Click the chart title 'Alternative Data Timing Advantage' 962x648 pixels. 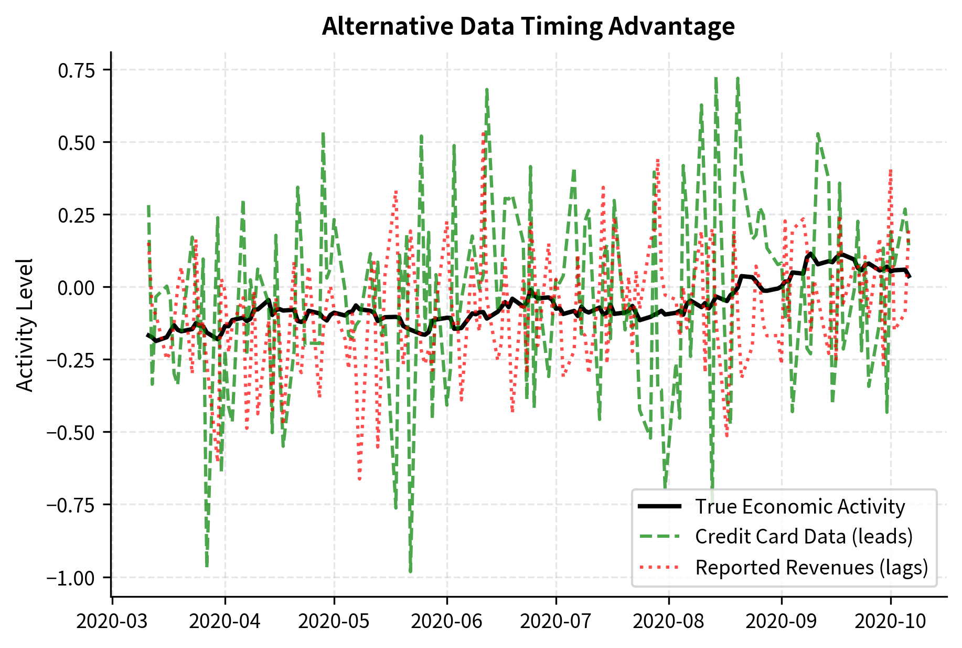click(x=528, y=26)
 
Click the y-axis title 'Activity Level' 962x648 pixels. click(x=25, y=325)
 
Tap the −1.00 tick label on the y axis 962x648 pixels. click(x=71, y=578)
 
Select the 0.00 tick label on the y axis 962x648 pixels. click(x=77, y=288)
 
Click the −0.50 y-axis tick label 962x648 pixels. click(x=71, y=433)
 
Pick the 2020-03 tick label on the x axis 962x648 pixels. click(x=112, y=622)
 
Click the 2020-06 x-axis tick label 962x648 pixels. click(x=446, y=622)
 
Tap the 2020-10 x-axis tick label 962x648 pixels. click(x=890, y=622)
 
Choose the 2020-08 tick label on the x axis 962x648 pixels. click(x=668, y=622)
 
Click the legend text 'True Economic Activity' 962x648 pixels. click(x=799, y=507)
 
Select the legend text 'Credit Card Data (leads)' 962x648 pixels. click(x=804, y=537)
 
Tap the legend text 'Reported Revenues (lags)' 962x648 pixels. click(x=811, y=567)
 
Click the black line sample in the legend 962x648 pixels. click(x=660, y=507)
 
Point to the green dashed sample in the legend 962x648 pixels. click(x=660, y=537)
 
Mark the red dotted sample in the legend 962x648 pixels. click(x=660, y=567)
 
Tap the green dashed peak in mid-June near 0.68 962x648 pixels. click(x=487, y=90)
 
